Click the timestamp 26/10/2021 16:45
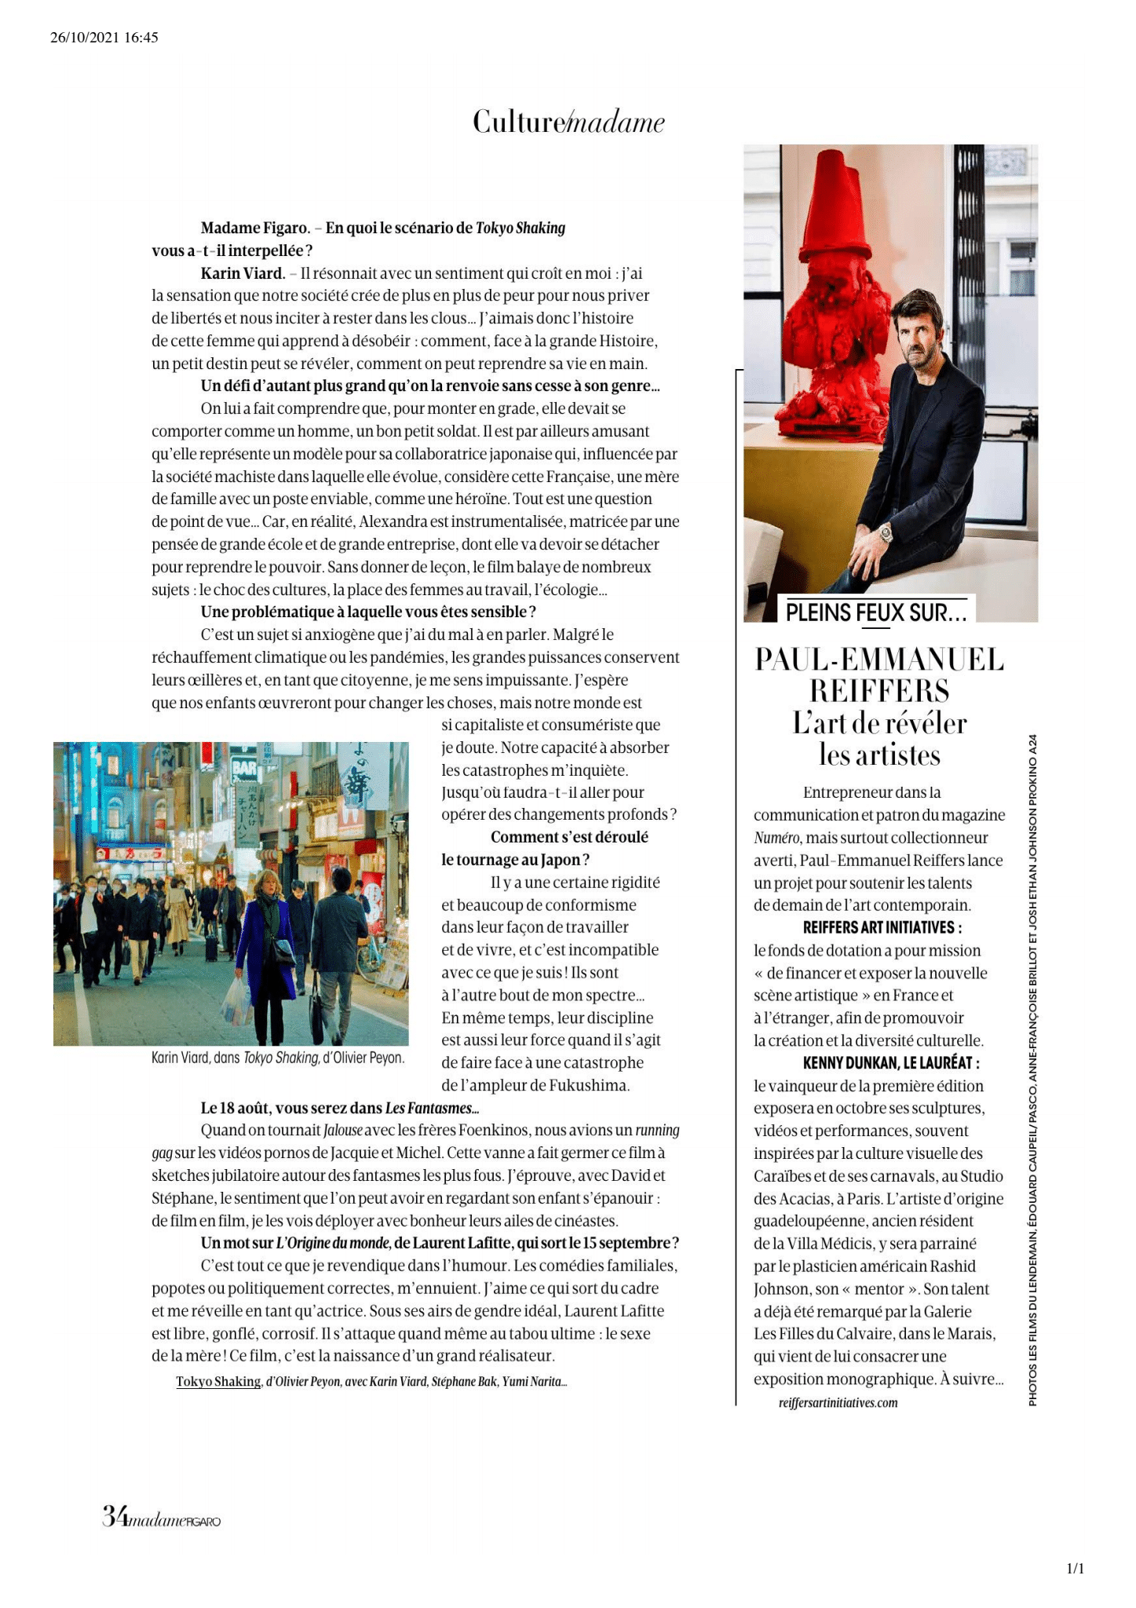point(104,37)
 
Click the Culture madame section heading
point(568,122)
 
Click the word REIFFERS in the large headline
point(879,691)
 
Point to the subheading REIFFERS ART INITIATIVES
point(882,927)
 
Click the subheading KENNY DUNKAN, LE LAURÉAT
point(890,1063)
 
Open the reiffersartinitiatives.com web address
point(838,1402)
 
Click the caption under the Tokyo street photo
point(278,1058)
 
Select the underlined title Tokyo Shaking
point(218,1381)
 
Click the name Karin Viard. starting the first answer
point(243,273)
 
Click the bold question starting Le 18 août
point(339,1108)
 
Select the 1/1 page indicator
point(1075,1569)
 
